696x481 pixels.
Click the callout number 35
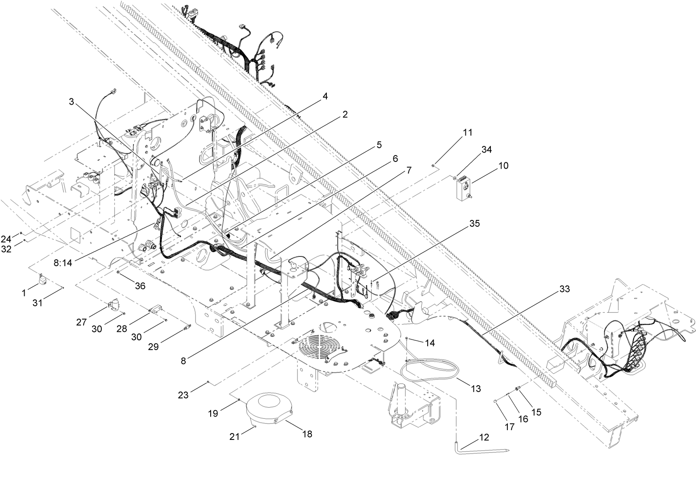[x=474, y=223]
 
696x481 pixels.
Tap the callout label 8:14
[x=63, y=263]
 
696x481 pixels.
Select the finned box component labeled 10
[x=462, y=189]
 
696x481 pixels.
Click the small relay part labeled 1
[x=43, y=280]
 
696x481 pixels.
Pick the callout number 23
[x=183, y=395]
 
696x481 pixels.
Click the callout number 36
[x=140, y=286]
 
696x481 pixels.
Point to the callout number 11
[x=467, y=132]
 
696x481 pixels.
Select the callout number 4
[x=325, y=96]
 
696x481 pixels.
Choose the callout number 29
[x=153, y=346]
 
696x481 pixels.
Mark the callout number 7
[x=408, y=170]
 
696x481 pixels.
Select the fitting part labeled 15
[x=517, y=388]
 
